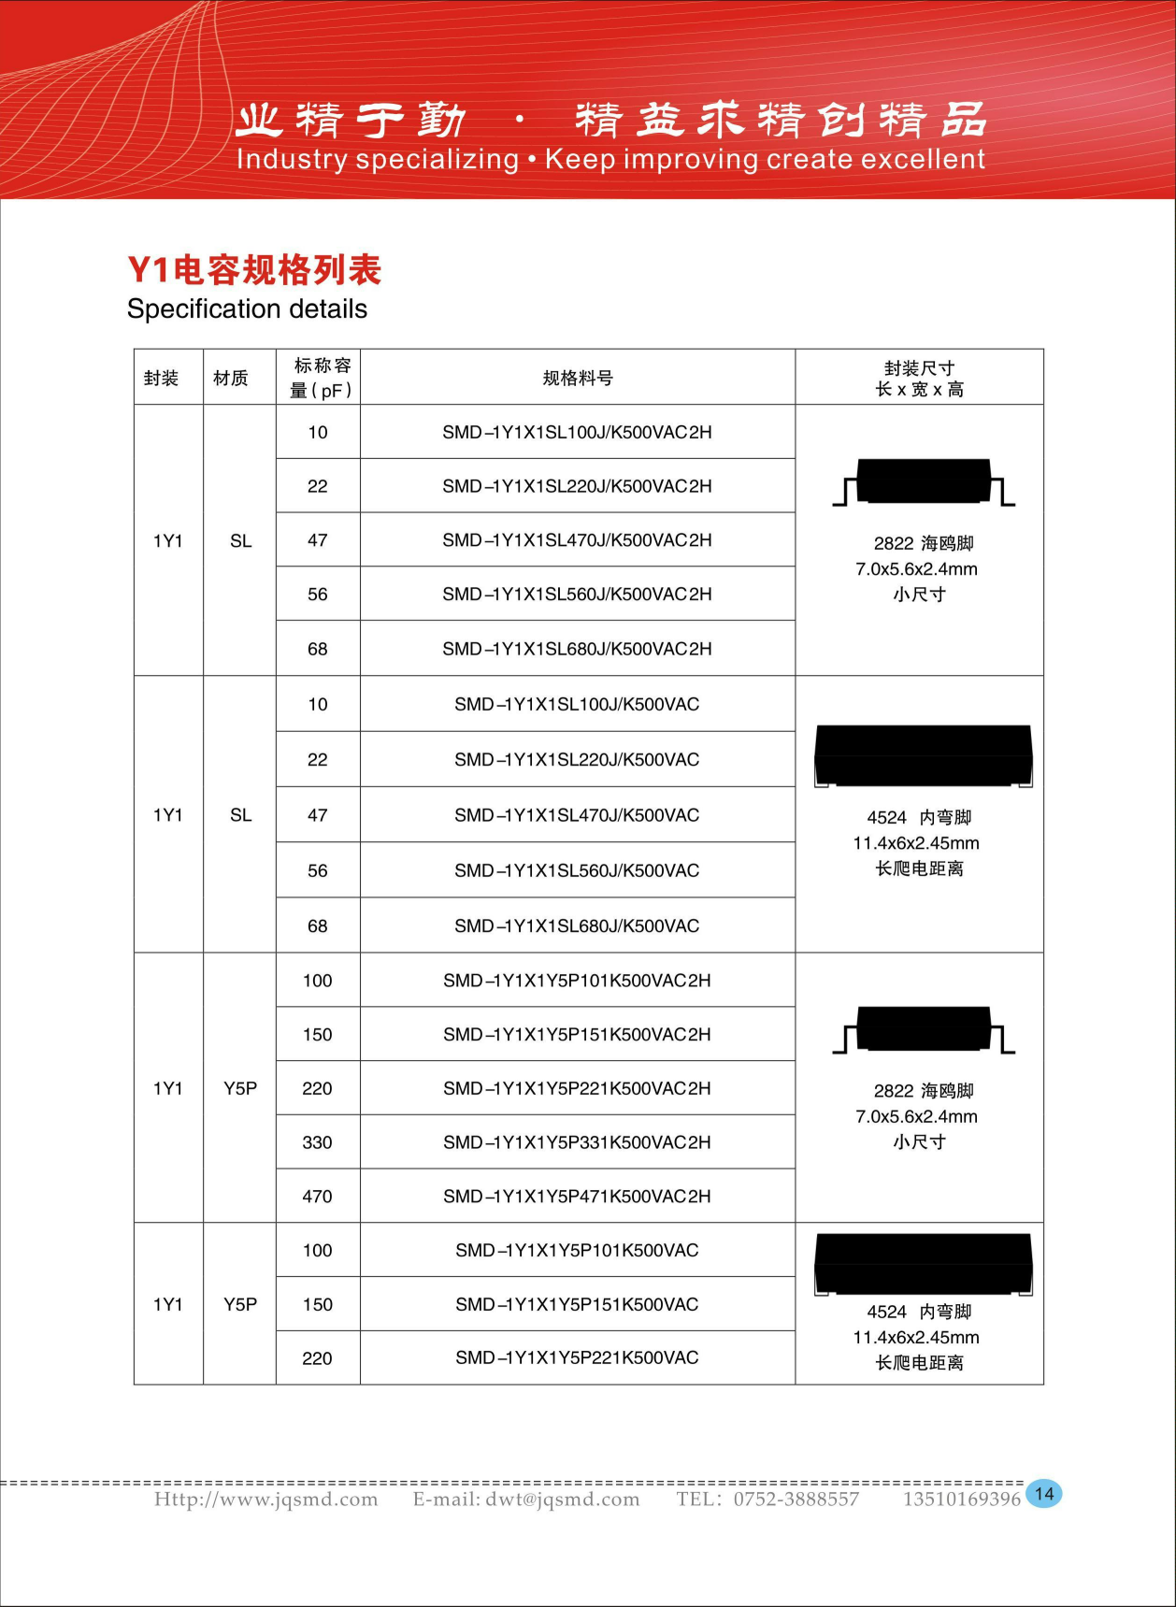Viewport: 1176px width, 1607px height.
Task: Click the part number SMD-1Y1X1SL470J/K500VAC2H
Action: click(x=577, y=540)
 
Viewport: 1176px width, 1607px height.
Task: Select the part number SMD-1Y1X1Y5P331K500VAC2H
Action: click(x=577, y=1142)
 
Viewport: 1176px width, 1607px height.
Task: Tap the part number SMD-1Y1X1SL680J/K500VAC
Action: click(x=577, y=926)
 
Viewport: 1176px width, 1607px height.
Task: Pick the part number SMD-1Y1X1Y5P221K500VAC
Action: click(x=577, y=1358)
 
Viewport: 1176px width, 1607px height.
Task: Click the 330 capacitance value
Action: click(x=317, y=1142)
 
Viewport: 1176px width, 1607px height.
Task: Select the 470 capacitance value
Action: click(x=317, y=1197)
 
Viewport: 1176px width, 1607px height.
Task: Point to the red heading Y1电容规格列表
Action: click(x=254, y=270)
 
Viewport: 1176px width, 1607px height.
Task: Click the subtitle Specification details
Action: click(x=247, y=309)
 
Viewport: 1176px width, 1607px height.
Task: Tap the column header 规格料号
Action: click(x=578, y=378)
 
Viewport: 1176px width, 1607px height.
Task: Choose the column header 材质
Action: click(x=230, y=378)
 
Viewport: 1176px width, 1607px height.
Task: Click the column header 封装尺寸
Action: click(x=919, y=368)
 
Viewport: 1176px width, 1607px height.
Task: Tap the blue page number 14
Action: click(x=1044, y=1494)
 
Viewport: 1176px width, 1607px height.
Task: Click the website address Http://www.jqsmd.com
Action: click(x=266, y=1499)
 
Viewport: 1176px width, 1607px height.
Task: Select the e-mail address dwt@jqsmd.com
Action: click(x=562, y=1499)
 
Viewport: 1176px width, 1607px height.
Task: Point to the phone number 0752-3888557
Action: click(x=796, y=1499)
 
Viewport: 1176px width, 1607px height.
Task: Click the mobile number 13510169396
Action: click(x=961, y=1499)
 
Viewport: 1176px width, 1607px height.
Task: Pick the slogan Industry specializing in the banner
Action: click(x=378, y=159)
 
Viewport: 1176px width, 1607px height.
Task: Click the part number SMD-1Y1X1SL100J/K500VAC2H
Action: click(x=577, y=433)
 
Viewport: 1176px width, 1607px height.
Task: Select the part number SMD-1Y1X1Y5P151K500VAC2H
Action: click(x=577, y=1035)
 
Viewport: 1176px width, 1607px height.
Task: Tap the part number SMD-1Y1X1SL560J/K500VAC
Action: click(x=577, y=871)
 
